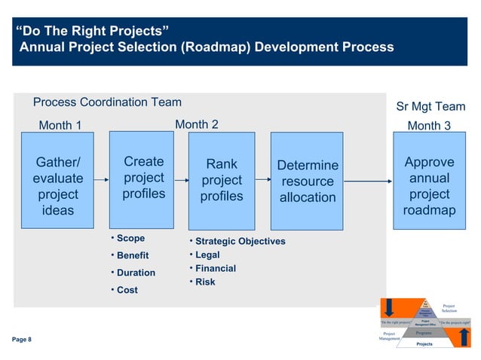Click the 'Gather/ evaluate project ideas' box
(58, 186)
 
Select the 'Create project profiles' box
(143, 178)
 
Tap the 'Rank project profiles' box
(222, 181)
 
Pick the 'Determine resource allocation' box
(308, 182)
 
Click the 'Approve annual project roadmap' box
(429, 186)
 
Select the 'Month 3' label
(429, 126)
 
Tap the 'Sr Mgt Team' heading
(430, 107)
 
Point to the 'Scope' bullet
(130, 239)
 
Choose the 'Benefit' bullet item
(132, 256)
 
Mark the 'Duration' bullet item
(135, 273)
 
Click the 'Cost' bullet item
(127, 290)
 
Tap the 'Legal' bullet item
(207, 255)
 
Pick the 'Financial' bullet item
(215, 268)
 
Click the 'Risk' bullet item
(204, 282)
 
